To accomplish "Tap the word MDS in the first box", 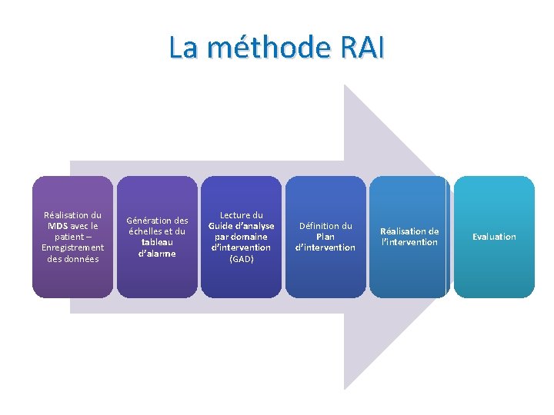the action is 58,226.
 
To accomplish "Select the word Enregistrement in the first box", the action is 72,247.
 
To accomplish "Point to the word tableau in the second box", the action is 157,242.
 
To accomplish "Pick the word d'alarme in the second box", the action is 157,253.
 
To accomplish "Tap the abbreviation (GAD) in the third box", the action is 241,258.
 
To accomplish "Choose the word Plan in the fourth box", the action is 325,237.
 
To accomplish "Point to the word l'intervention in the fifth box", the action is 409,242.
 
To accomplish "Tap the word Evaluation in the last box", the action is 494,237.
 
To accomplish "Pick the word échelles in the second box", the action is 145,231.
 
